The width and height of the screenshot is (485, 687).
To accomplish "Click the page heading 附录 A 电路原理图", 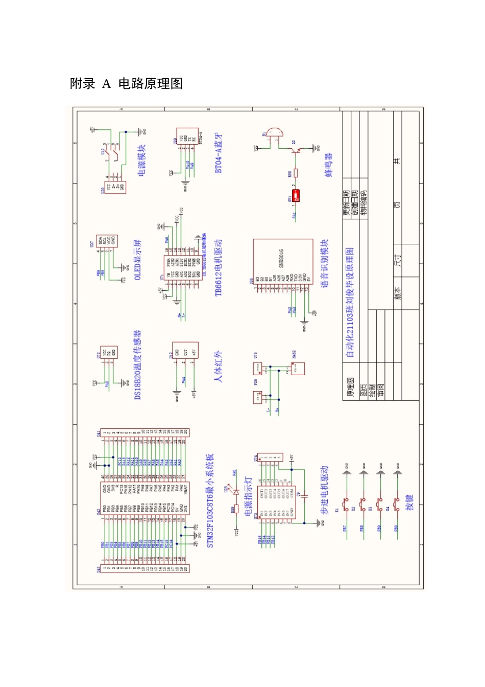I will (126, 84).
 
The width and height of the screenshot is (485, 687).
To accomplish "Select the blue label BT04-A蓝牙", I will (219, 153).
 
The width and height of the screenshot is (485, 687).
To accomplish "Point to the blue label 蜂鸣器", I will (329, 165).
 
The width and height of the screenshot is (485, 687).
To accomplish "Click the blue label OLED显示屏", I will (138, 260).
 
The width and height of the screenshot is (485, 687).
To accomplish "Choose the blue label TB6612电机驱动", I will (219, 267).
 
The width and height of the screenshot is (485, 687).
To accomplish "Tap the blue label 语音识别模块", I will (325, 264).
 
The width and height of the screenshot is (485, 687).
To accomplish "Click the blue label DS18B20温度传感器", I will (137, 364).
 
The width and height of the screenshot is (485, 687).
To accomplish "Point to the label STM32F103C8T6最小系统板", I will (210, 501).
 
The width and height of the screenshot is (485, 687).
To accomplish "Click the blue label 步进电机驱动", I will (324, 490).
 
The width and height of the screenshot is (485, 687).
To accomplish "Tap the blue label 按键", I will (409, 502).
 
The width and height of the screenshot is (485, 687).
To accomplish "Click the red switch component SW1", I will (296, 196).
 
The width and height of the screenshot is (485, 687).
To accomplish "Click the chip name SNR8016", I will (281, 259).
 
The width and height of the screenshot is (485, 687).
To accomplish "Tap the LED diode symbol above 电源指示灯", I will (236, 491).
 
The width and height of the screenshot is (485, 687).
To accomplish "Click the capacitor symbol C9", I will (304, 495).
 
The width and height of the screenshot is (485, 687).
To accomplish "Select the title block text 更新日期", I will (346, 203).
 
